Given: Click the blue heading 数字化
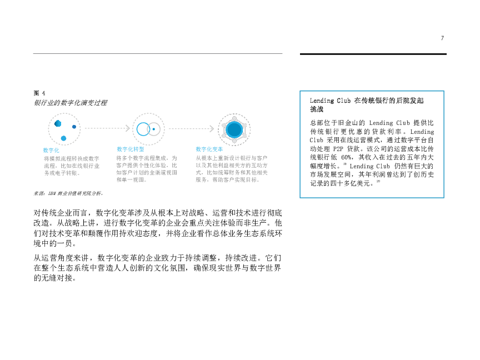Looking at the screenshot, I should coord(51,151).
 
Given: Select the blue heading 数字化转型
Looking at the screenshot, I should coord(131,149).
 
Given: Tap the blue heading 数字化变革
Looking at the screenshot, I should coord(209,149).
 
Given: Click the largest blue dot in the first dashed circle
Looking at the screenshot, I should coord(58,123).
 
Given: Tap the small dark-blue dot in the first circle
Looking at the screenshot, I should coord(74,127).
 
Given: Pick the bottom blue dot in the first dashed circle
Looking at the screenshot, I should coord(63,138).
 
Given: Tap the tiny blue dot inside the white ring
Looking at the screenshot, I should coord(153,129).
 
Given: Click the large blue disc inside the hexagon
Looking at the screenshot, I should coord(234,129).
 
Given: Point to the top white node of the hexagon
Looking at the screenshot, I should coord(234,118).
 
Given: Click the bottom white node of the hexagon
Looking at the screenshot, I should coord(234,141).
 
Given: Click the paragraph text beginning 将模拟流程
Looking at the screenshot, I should coord(72,166).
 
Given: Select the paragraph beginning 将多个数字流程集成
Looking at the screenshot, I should coord(147,169).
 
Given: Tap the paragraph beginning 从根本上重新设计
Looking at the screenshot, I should coord(232,169).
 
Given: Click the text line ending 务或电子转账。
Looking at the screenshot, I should coord(62,173).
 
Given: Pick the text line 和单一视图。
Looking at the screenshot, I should coord(132,180).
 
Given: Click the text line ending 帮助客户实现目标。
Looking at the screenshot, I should coord(228,180).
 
